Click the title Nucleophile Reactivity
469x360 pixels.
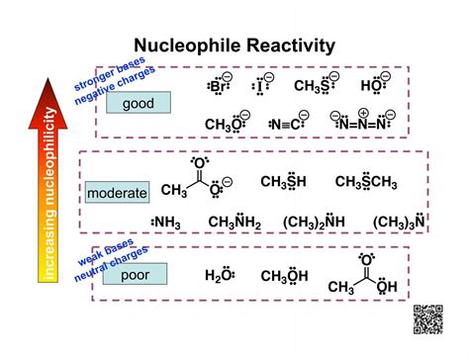pos(234,45)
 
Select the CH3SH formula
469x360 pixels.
pos(285,182)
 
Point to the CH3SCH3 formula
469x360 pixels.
pos(366,182)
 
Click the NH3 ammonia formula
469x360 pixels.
pos(165,225)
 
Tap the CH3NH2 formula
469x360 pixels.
pos(234,225)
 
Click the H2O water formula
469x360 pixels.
pos(219,277)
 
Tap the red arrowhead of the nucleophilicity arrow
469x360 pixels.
pos(50,95)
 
